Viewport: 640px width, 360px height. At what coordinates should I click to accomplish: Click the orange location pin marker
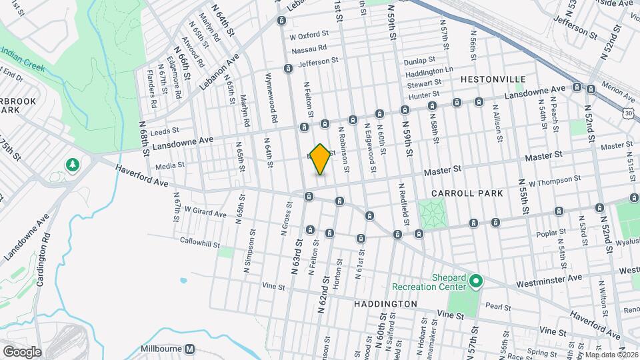pos(321,159)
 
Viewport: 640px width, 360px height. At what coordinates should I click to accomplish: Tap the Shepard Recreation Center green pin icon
pos(475,281)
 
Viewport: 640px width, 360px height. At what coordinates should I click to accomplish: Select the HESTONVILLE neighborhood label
pos(493,79)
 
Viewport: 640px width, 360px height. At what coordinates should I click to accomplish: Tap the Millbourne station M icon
pos(190,349)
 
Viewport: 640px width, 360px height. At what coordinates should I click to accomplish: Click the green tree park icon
pos(71,164)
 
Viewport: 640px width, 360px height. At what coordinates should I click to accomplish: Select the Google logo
pos(22,351)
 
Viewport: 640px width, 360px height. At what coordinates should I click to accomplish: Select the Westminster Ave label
pos(557,277)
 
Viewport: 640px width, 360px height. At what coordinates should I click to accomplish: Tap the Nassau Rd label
pos(309,47)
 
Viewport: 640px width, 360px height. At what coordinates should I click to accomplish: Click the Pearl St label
pos(497,308)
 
